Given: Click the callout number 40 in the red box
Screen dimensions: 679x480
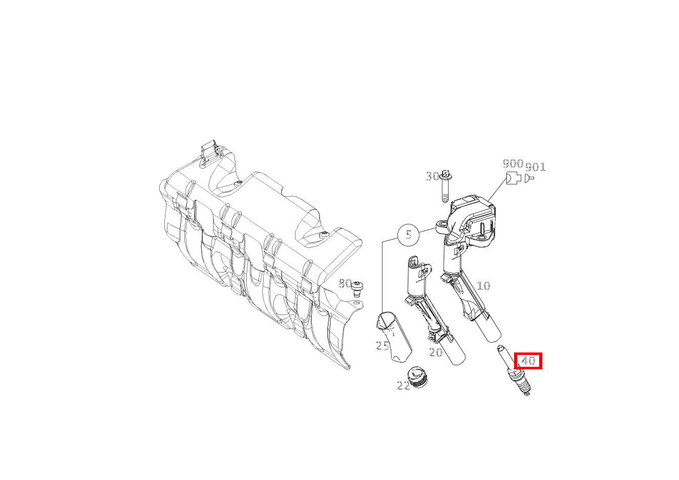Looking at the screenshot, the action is (x=528, y=361).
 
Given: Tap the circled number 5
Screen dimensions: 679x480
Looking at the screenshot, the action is (x=408, y=235).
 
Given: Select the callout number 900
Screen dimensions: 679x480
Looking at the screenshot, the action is (x=513, y=164).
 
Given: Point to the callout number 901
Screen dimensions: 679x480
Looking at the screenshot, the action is (x=535, y=167).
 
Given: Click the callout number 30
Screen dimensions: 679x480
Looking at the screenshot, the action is (x=433, y=176).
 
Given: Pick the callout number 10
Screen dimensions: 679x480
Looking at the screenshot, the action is (x=483, y=286).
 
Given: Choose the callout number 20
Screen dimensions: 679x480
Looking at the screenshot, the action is (x=436, y=352).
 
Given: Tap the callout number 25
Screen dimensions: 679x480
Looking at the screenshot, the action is (x=382, y=346).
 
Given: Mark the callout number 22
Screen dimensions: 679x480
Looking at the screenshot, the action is (x=404, y=386).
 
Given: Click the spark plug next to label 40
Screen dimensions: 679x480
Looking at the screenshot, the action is (x=514, y=370).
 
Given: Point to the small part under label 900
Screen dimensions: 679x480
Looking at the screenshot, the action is (x=514, y=178).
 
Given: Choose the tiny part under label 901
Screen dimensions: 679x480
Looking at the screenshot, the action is (x=529, y=178).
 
